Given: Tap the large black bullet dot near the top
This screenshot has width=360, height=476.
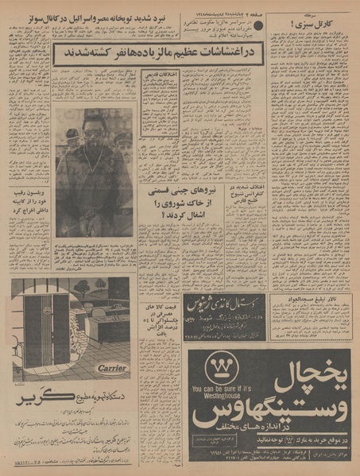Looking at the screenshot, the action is coord(257,26).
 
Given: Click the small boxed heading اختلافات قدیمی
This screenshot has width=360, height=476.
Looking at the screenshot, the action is coord(159,74).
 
